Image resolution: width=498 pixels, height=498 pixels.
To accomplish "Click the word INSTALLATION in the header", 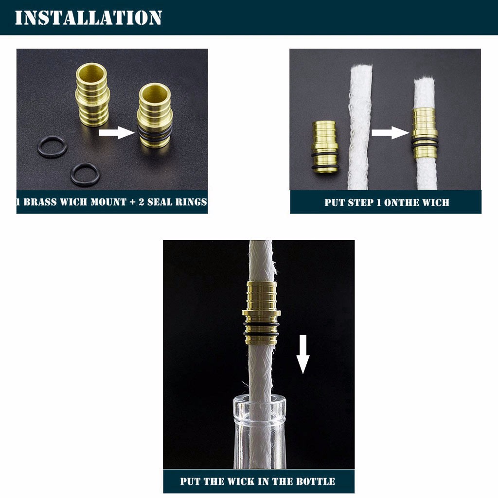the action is tap(89, 18).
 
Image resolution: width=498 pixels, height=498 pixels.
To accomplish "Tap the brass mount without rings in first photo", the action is tap(92, 94).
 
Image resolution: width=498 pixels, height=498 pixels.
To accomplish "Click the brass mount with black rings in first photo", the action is tap(155, 115).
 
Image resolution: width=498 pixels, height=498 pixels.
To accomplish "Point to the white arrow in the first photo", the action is tap(117, 132).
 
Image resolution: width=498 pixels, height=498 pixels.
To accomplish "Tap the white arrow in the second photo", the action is tap(391, 132).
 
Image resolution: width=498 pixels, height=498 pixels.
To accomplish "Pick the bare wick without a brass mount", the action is tap(360, 127).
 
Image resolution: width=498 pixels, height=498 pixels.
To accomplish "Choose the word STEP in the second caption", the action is tap(360, 203).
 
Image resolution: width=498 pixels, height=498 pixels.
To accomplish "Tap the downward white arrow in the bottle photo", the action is tap(303, 354).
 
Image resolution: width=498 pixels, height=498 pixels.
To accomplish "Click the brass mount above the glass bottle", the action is tap(261, 313).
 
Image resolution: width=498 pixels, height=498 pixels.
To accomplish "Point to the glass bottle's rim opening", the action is tap(259, 401).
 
